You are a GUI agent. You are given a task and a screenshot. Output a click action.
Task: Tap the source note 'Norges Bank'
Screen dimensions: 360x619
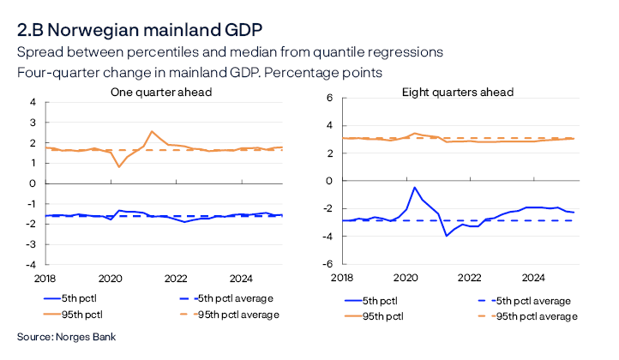click(81, 337)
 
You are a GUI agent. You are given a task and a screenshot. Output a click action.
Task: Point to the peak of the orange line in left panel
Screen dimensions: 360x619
click(152, 131)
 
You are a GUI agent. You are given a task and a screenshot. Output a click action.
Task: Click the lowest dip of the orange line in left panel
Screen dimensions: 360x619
click(118, 165)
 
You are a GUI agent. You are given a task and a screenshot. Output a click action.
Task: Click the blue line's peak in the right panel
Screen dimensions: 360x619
click(415, 187)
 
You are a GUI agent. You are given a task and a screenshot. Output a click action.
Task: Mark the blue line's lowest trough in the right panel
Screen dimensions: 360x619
click(446, 235)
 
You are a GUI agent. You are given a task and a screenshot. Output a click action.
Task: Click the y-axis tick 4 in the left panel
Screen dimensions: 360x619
click(33, 102)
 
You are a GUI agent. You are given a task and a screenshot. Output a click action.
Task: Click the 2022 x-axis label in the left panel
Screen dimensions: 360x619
click(176, 279)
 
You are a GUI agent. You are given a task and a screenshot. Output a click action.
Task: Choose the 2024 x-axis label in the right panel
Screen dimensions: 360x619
click(533, 279)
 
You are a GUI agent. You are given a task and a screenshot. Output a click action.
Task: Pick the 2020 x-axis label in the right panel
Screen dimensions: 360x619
click(405, 279)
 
